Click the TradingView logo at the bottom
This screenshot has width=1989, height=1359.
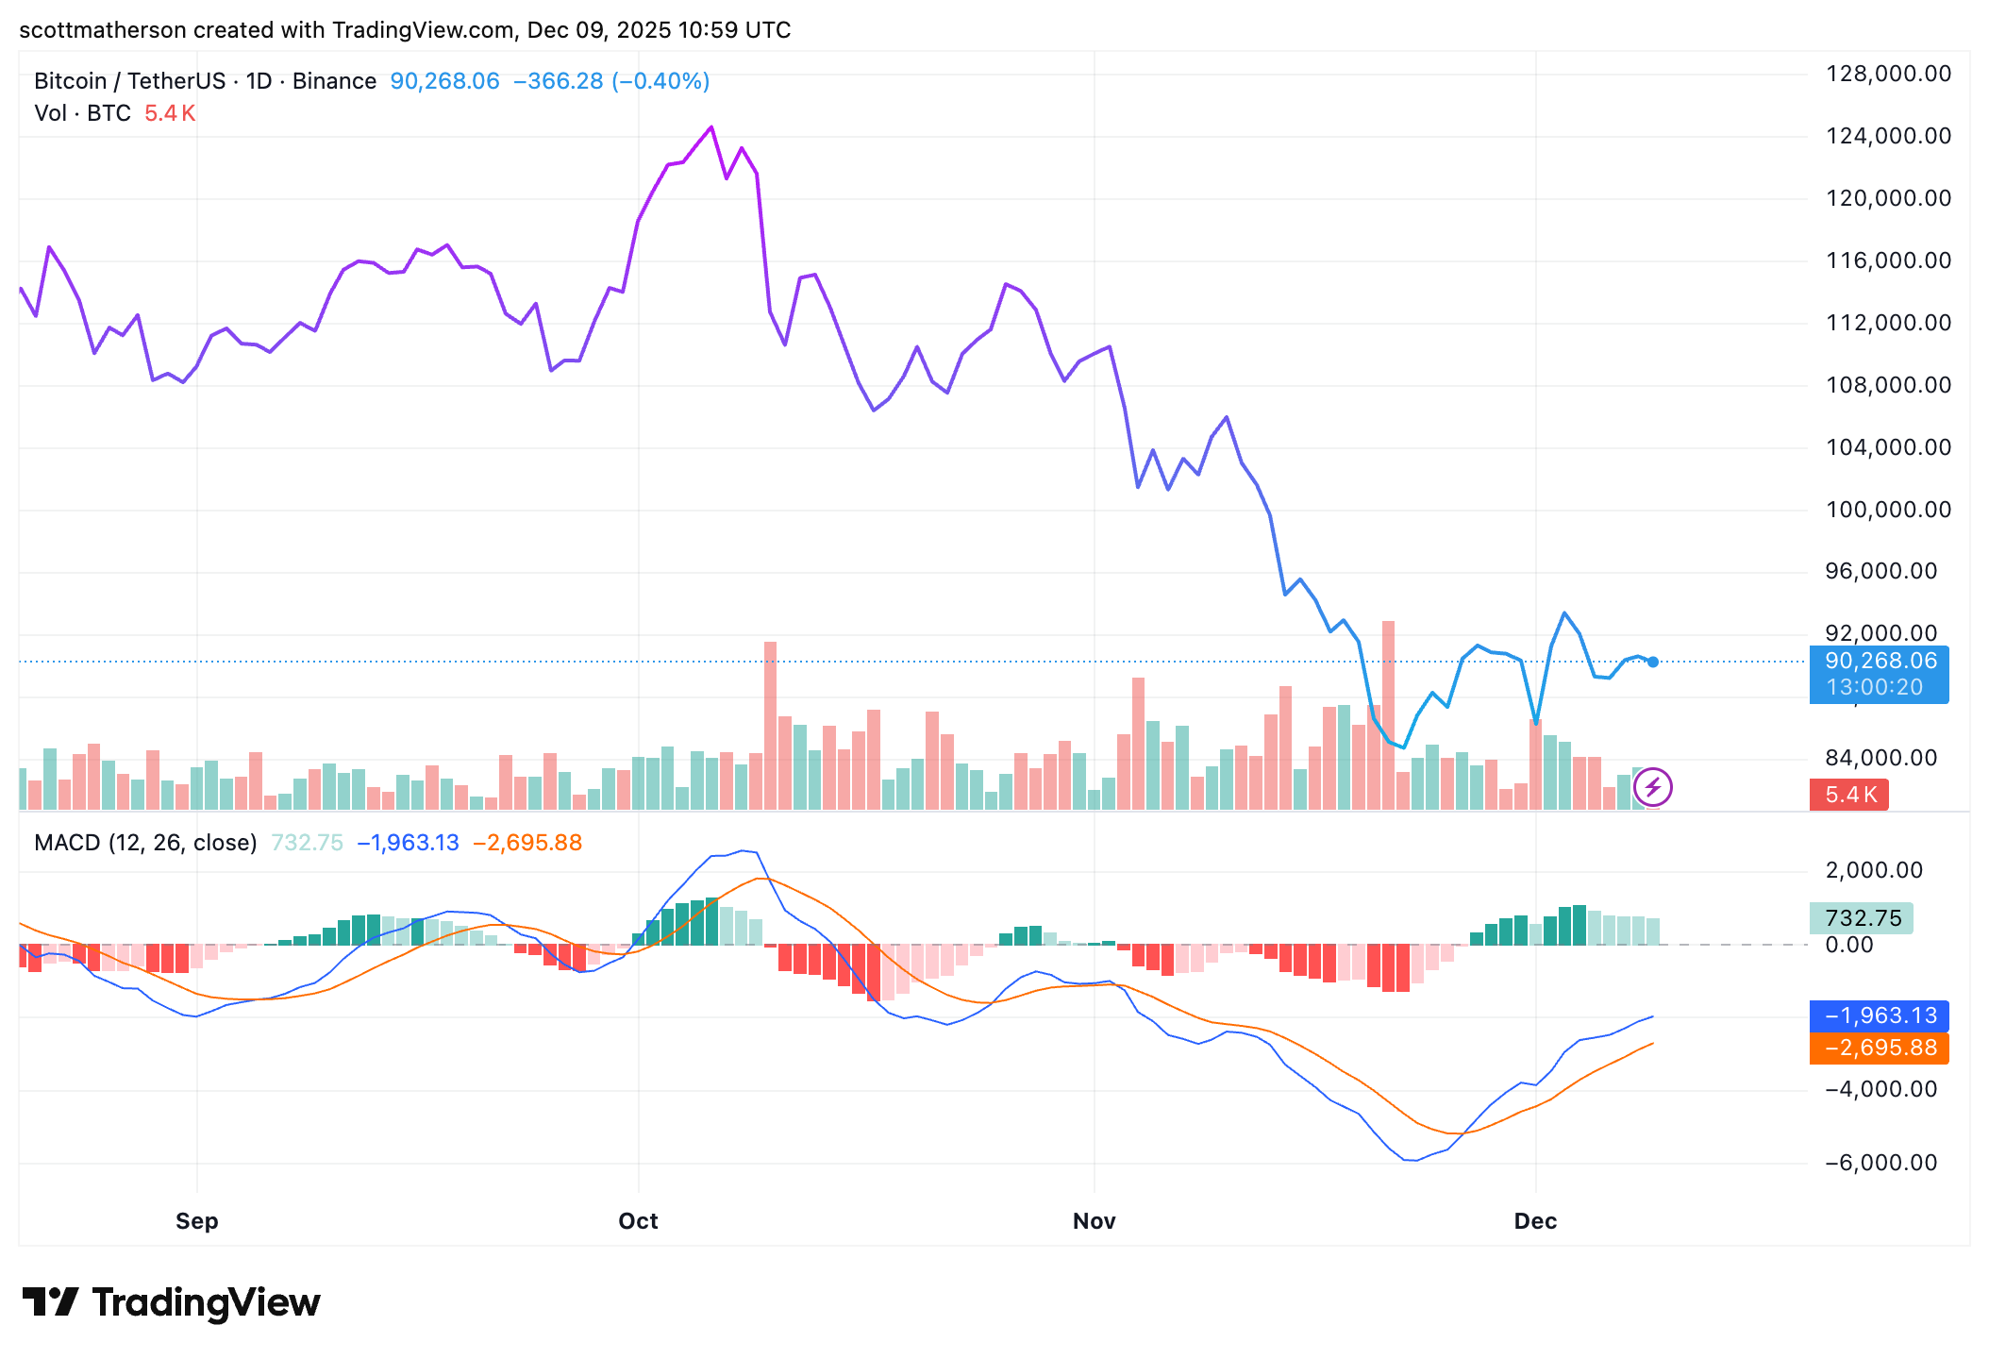coord(171,1302)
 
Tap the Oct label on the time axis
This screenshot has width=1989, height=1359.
coord(638,1220)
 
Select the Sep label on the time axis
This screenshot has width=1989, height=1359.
coord(196,1220)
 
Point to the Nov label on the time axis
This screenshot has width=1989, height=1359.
coord(1094,1220)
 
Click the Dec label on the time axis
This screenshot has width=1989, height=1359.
coord(1535,1220)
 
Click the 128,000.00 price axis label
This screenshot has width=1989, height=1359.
coord(1888,74)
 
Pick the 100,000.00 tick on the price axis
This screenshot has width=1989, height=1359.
coord(1888,510)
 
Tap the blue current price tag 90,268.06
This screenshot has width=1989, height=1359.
coord(1880,662)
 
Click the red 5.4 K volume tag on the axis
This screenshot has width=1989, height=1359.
coord(1849,795)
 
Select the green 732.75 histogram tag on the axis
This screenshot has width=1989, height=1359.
coord(1862,918)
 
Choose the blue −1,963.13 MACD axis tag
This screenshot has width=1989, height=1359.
coord(1880,1015)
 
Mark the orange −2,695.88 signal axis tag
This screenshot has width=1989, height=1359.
coord(1880,1048)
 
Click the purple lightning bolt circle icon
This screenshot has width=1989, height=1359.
coord(1652,787)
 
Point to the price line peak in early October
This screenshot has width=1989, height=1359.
coord(711,127)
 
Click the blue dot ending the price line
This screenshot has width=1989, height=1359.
coord(1652,662)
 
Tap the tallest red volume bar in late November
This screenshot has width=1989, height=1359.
coord(1388,713)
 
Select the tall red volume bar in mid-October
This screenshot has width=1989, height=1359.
coord(771,725)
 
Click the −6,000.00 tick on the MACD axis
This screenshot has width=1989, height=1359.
coord(1880,1163)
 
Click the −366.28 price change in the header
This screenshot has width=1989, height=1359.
coord(558,81)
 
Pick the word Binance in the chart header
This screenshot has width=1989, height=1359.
coord(334,81)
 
